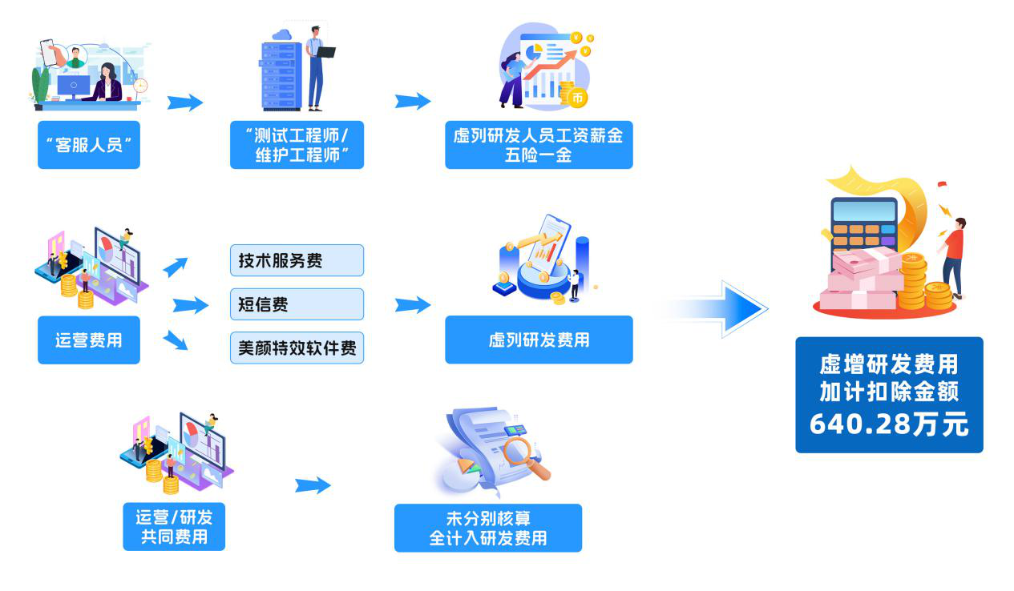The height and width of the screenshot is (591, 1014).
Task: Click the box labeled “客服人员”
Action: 89,145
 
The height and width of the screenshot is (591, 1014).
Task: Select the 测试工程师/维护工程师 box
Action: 297,145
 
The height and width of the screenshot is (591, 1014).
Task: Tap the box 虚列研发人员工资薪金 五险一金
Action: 539,145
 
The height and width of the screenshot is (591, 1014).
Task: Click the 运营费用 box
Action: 89,340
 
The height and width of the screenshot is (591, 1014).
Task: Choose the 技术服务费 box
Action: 297,260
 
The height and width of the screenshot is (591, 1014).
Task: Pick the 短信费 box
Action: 297,304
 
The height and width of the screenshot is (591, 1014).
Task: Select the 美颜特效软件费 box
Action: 297,348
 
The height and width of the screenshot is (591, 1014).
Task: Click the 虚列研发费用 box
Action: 539,340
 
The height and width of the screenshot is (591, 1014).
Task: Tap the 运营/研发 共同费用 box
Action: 174,527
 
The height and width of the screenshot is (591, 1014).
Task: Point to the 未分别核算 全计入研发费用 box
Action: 488,528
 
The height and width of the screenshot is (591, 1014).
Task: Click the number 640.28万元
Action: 889,424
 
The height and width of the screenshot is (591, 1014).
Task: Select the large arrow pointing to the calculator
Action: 721,308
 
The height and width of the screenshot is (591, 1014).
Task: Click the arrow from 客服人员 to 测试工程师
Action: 185,103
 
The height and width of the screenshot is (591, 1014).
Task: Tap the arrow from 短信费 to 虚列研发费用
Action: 413,305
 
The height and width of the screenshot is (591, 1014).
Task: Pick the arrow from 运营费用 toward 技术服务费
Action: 176,267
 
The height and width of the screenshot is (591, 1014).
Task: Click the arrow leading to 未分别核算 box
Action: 313,485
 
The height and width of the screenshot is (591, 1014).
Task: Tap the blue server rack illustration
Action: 281,76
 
